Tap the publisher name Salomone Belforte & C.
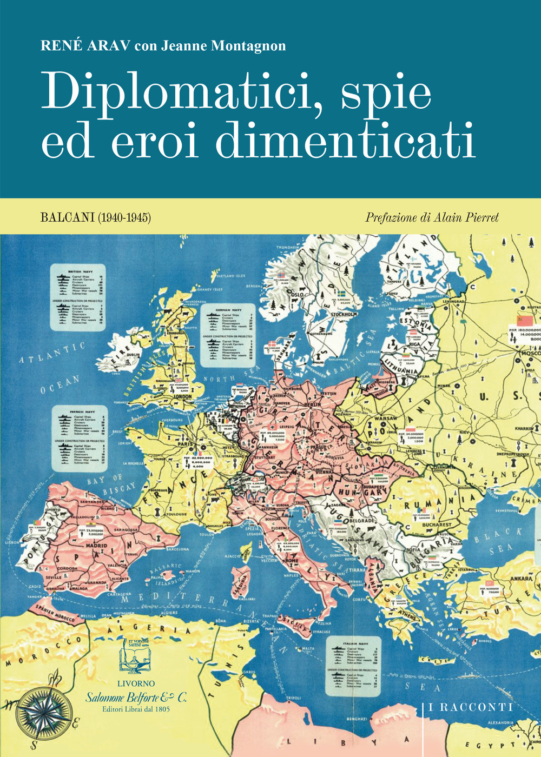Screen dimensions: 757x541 (x=136, y=698)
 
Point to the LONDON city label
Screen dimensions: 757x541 (x=182, y=396)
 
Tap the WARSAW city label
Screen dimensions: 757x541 (x=386, y=419)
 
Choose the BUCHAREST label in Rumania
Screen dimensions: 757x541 (x=437, y=524)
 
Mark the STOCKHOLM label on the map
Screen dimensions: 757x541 (x=344, y=315)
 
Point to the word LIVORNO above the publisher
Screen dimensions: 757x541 (x=136, y=684)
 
